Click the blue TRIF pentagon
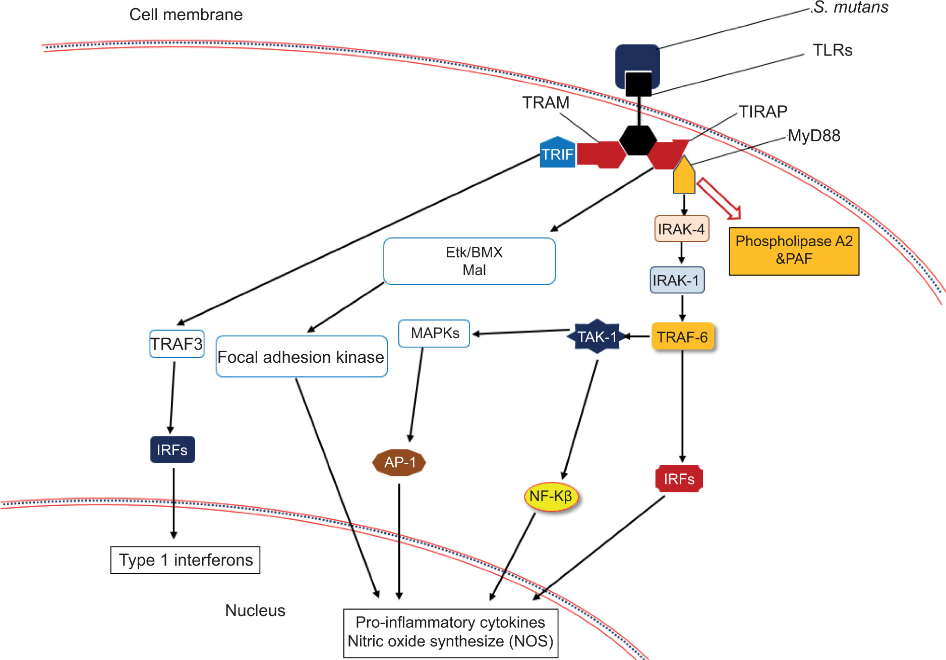pos(557,153)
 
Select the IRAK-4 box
pos(681,229)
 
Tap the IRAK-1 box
pos(677,280)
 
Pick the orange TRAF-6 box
pos(682,337)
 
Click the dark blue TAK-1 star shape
pos(597,337)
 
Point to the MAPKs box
pos(434,334)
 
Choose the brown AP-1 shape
pos(399,462)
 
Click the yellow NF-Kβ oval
pos(551,497)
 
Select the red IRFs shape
pos(679,479)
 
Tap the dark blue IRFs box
pos(172,450)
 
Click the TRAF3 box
pos(176,344)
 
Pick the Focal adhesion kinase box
pos(301,357)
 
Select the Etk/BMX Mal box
pos(469,261)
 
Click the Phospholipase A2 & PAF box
pos(794,251)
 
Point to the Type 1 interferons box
pos(186,560)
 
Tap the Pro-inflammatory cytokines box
pos(450,633)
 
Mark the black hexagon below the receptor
pos(638,140)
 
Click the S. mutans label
pos(851,8)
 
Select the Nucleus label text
pos(255,611)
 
